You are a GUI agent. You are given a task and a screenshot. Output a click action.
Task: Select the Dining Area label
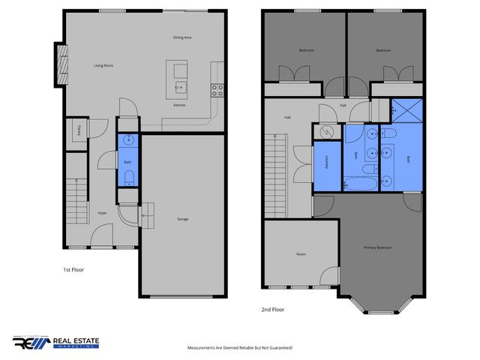pos(183,37)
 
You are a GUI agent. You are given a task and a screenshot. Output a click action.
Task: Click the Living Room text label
pos(103,66)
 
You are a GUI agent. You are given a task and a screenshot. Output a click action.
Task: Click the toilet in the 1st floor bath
pos(127,178)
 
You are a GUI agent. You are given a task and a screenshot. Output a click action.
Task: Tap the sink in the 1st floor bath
pos(127,139)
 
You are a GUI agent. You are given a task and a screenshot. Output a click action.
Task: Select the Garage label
pos(182,219)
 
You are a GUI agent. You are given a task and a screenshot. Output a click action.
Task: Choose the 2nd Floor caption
pos(273,309)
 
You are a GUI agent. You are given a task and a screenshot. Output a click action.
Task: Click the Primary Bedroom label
pos(378,247)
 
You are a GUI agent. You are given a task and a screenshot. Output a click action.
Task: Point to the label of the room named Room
pos(301,254)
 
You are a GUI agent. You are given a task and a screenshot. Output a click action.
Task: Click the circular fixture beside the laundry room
pos(327,130)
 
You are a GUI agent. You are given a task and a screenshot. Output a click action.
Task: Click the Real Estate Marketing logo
pos(55,343)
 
